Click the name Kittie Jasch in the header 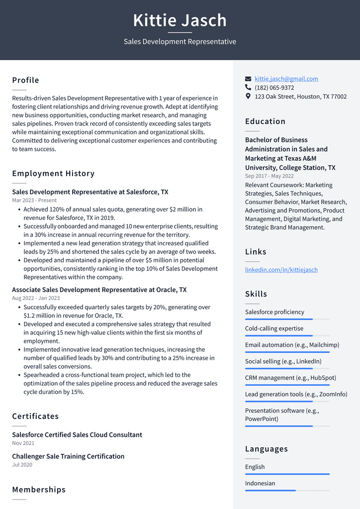180,20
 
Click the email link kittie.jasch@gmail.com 286,79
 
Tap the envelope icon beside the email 248,79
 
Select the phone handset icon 248,88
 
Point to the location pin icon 248,97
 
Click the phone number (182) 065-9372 274,88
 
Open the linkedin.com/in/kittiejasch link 281,270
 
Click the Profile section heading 25,80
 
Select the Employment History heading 53,174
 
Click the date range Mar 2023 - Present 34,201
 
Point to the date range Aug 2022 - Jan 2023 36,298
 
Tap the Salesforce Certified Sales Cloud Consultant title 77,435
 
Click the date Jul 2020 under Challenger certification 22,465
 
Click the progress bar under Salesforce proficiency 287,319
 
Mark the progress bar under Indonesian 287,490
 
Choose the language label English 255,467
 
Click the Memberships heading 39,490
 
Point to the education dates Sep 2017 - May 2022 269,176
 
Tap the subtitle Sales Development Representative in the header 180,42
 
